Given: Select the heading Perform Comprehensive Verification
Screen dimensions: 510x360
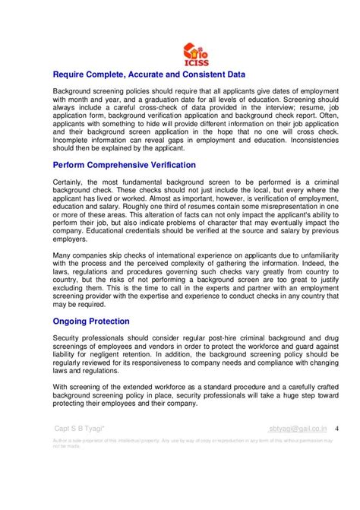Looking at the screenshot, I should pos(125,164).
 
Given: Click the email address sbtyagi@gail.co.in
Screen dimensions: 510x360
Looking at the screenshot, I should pos(298,428).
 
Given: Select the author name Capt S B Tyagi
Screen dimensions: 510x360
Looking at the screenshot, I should pos(80,428).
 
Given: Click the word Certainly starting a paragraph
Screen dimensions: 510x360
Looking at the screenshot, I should pos(71,181).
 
